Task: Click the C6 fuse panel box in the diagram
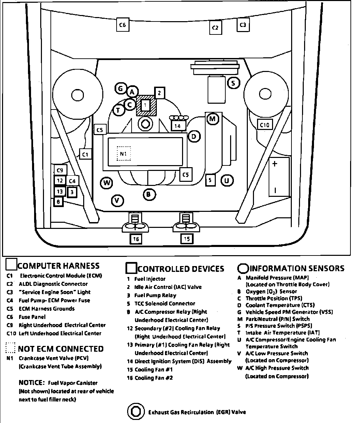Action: tap(123, 25)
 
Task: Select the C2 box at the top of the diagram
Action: tap(215, 28)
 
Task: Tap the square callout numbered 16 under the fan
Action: tap(136, 239)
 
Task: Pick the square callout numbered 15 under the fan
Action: tap(187, 239)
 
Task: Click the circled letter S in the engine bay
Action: tap(233, 83)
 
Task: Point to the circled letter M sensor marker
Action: tap(212, 119)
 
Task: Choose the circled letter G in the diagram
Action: tap(120, 89)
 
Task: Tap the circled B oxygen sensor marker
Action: tap(149, 194)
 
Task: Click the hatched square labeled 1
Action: tap(146, 105)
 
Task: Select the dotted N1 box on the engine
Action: tap(123, 154)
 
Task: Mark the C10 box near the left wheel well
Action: tap(265, 125)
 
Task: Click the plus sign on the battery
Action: tap(274, 164)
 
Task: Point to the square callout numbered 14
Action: tap(178, 126)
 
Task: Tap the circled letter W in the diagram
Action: tap(107, 183)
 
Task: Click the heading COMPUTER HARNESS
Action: tap(58, 266)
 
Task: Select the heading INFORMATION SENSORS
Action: tap(297, 268)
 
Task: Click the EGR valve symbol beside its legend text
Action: tap(136, 412)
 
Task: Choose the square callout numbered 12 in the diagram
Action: tap(60, 181)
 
